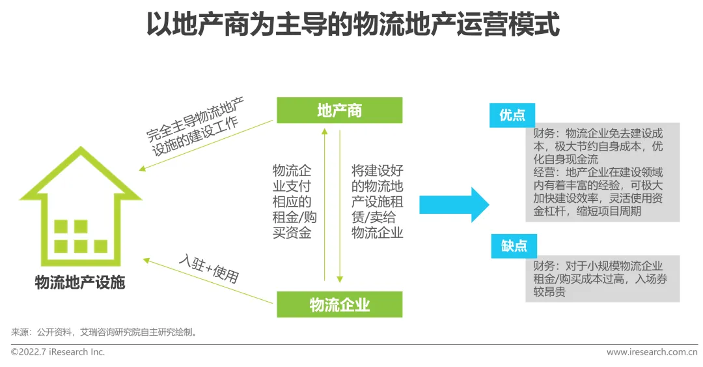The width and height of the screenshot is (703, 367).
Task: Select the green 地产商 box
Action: pyautogui.click(x=339, y=110)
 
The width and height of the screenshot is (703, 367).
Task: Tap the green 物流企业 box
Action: pyautogui.click(x=339, y=304)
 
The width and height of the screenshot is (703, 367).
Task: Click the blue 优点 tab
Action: pyautogui.click(x=512, y=115)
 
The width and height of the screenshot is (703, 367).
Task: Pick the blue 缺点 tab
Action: pyautogui.click(x=514, y=246)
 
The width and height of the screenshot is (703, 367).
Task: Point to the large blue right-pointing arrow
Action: pyautogui.click(x=454, y=205)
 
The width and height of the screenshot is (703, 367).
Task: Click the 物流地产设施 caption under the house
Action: pyautogui.click(x=79, y=283)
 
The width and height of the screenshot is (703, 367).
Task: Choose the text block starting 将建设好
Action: pyautogui.click(x=378, y=201)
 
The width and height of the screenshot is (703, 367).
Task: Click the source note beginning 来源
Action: pyautogui.click(x=104, y=332)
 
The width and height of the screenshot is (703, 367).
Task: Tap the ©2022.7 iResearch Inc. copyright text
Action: pyautogui.click(x=58, y=352)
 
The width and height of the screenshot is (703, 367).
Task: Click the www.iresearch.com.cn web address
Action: pyautogui.click(x=652, y=352)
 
